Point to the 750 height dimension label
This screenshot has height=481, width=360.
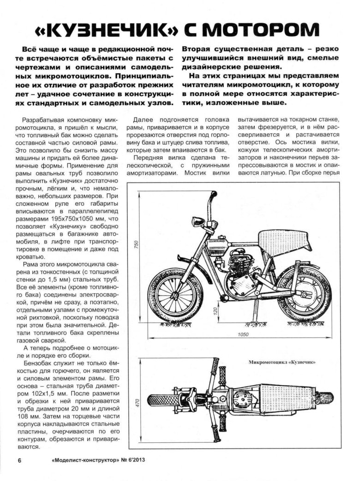pyautogui.click(x=137, y=245)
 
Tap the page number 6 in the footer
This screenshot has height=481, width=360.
pyautogui.click(x=19, y=460)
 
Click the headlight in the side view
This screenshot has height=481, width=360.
pyautogui.click(x=200, y=221)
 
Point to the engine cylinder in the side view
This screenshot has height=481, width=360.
pyautogui.click(x=238, y=264)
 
